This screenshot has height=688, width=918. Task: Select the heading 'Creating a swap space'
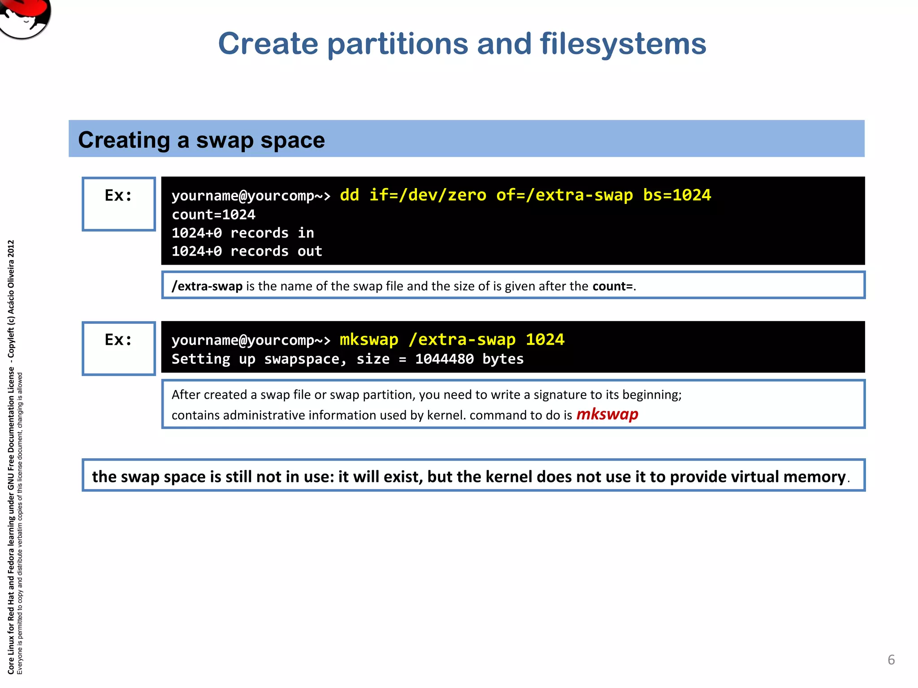tap(201, 140)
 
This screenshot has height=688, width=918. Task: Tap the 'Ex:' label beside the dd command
tap(118, 196)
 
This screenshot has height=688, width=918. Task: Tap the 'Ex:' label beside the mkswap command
tap(118, 340)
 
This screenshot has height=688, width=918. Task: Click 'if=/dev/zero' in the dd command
tap(428, 195)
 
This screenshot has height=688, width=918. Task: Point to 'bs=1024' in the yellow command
tap(677, 195)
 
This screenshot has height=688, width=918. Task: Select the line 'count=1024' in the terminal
tap(213, 215)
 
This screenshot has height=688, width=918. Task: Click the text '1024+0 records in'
tap(242, 233)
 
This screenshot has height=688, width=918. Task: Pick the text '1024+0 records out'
tap(247, 251)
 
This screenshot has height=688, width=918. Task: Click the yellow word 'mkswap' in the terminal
tap(368, 340)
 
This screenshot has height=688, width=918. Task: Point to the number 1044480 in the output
tap(444, 359)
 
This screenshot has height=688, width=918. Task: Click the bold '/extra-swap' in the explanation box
tap(207, 286)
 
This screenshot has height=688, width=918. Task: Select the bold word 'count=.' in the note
tap(614, 286)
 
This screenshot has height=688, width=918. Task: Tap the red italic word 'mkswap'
tap(607, 414)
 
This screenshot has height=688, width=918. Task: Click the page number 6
tap(891, 660)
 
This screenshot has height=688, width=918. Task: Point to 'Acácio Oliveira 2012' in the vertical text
tap(11, 278)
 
